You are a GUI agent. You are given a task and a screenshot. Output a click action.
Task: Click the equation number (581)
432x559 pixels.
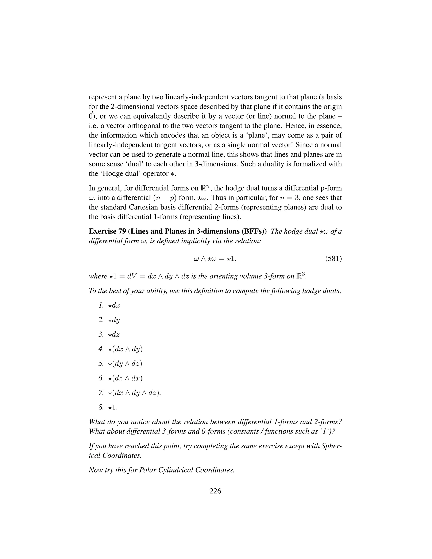[x=333, y=259]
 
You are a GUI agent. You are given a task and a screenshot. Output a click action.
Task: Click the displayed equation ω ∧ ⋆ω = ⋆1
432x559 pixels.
[x=215, y=259]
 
